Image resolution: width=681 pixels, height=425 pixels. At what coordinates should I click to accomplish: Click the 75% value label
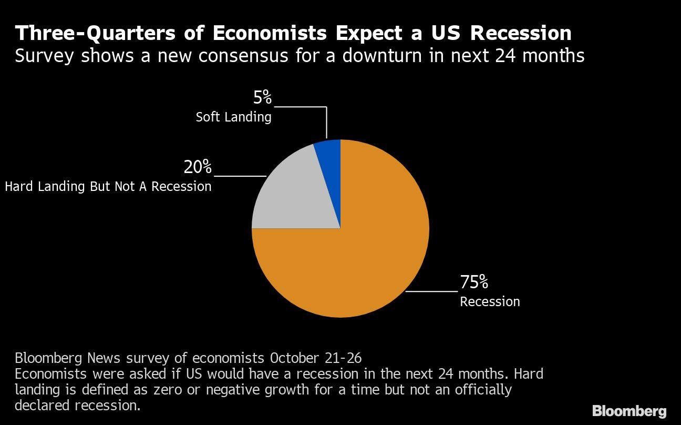474,282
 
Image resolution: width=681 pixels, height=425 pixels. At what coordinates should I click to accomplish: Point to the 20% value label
198,167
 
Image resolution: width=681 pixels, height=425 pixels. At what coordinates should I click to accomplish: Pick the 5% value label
262,98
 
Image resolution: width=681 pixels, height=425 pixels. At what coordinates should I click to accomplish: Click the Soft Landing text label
233,117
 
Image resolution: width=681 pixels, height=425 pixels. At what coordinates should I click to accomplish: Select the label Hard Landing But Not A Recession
108,187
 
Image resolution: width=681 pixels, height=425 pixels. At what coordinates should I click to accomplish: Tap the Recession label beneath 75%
490,301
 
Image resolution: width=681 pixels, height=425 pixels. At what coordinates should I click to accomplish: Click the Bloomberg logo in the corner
629,411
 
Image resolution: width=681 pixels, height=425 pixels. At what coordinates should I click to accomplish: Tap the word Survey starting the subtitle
44,55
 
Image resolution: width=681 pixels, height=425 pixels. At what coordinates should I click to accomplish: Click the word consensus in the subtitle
243,55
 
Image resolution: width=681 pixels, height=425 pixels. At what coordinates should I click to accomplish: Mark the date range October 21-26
316,358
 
